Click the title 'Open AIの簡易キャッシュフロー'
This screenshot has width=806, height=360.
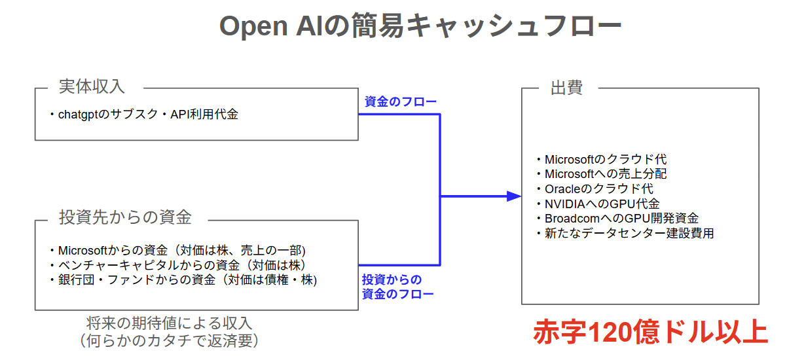pyautogui.click(x=420, y=27)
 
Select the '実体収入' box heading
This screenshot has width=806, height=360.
pyautogui.click(x=91, y=87)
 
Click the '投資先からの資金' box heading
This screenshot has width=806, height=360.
pyautogui.click(x=125, y=217)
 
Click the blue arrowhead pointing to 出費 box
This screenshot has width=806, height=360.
pyautogui.click(x=514, y=196)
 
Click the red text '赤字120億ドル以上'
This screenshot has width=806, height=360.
pyautogui.click(x=650, y=332)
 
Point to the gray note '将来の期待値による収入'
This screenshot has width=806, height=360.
pyautogui.click(x=169, y=323)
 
